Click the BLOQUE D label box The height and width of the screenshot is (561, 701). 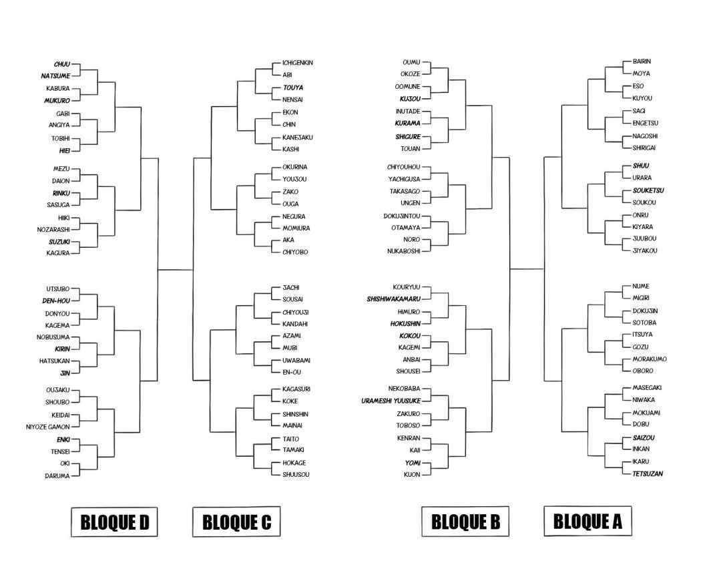tap(114, 523)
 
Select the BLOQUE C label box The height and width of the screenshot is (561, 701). tap(236, 522)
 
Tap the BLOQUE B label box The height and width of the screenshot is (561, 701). tap(465, 522)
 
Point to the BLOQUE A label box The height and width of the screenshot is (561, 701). tap(588, 521)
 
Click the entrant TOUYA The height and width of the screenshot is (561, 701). tap(292, 87)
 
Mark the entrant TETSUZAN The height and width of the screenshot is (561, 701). tap(648, 474)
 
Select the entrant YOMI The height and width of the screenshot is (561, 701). tap(411, 462)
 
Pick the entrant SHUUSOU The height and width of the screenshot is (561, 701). tap(296, 475)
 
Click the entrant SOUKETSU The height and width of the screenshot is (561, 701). tap(648, 190)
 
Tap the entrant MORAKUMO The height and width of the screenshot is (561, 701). tap(649, 359)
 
